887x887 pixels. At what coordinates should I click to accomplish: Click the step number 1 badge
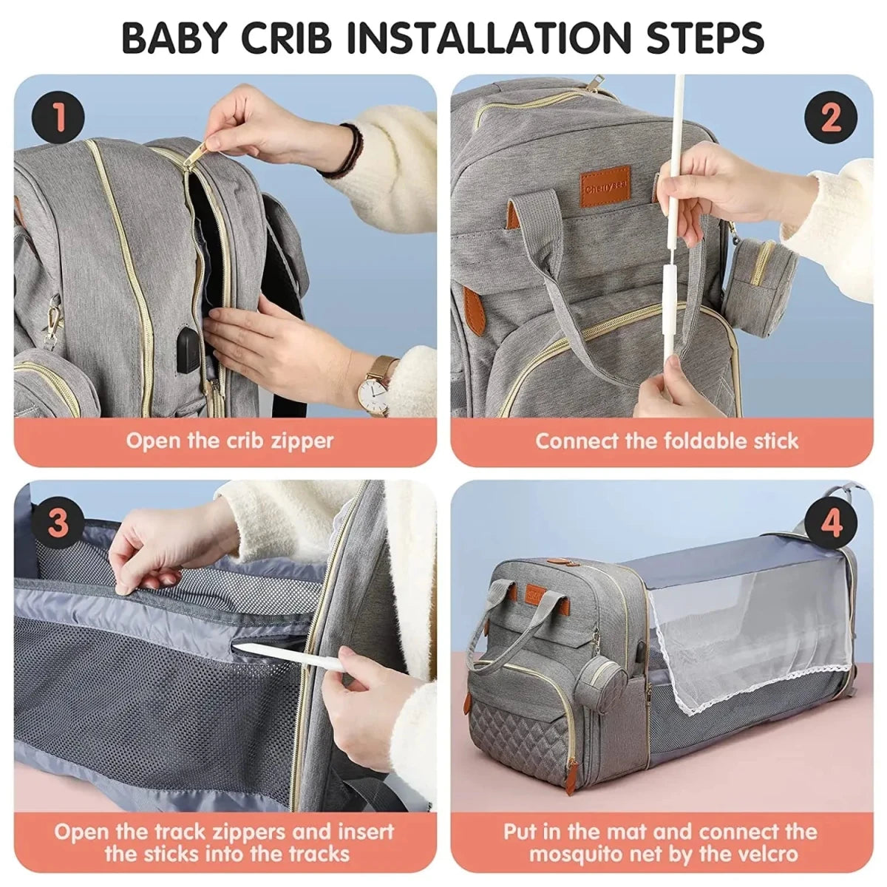[58, 118]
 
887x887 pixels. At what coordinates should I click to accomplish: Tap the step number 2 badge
[829, 118]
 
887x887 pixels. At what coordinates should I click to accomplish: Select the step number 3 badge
[58, 523]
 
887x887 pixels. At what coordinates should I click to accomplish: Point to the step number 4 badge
[831, 523]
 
